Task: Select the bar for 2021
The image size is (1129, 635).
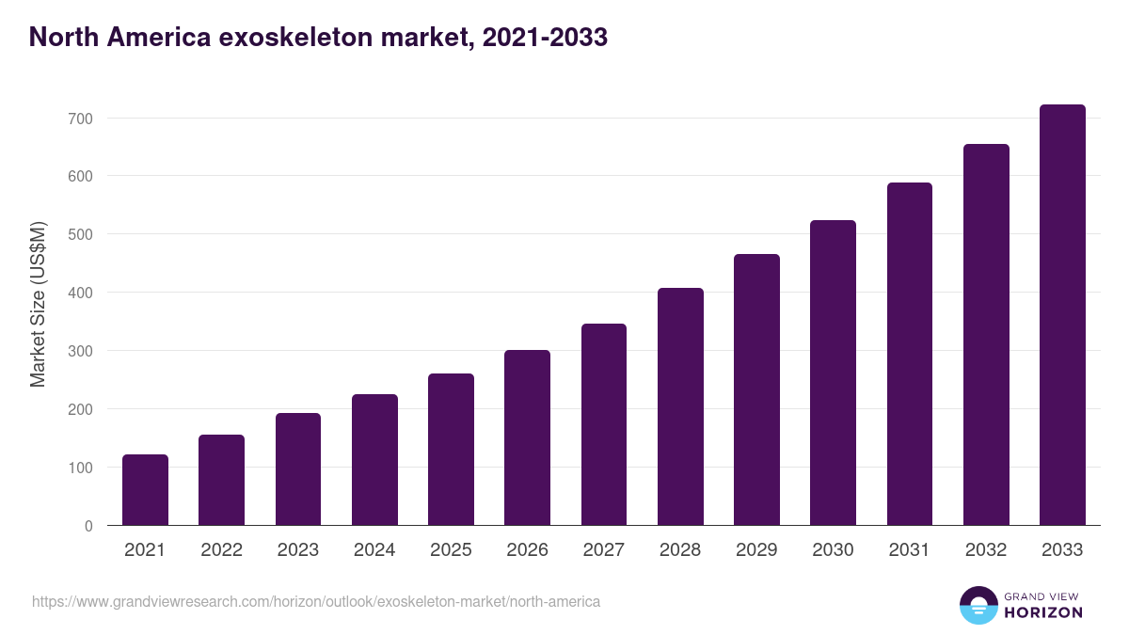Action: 145,490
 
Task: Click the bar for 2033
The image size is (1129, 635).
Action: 1062,315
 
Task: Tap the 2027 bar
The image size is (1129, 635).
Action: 604,424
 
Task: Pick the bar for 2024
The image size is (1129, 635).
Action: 374,460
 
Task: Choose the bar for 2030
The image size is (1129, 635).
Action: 833,373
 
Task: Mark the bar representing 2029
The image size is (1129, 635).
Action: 756,389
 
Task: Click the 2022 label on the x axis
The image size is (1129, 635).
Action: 221,550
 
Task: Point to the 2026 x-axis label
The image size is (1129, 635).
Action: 527,550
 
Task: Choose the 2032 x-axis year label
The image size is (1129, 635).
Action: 986,550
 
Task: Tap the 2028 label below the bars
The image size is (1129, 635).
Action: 680,550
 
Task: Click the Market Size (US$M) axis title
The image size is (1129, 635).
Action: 39,304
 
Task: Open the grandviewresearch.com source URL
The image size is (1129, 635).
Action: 316,601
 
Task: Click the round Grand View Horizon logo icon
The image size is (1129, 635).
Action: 978,605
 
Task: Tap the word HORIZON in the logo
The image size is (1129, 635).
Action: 1042,612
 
